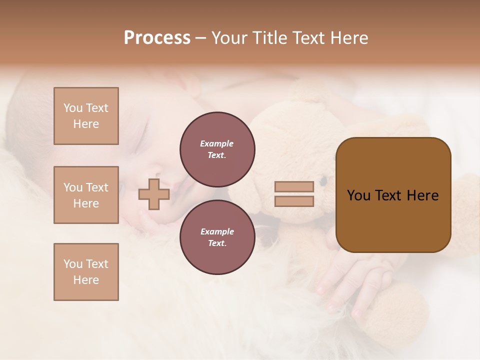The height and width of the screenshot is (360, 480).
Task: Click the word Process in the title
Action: pyautogui.click(x=157, y=38)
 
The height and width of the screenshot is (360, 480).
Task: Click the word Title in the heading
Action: pyautogui.click(x=269, y=38)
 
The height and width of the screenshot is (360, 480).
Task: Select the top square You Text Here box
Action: pyautogui.click(x=86, y=116)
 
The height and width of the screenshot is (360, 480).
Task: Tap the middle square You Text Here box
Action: pyautogui.click(x=86, y=195)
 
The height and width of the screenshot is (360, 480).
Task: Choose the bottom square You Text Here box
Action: pyautogui.click(x=86, y=272)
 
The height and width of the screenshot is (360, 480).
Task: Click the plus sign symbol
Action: pyautogui.click(x=154, y=194)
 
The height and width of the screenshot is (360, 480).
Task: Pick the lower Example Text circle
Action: pyautogui.click(x=217, y=237)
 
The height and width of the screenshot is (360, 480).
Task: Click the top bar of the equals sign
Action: pyautogui.click(x=294, y=186)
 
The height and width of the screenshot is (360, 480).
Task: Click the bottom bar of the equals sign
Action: pyautogui.click(x=294, y=201)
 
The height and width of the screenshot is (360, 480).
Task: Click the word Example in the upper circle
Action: pyautogui.click(x=216, y=143)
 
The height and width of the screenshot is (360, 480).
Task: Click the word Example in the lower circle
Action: pyautogui.click(x=217, y=231)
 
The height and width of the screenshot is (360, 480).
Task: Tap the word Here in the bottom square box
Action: pyautogui.click(x=86, y=280)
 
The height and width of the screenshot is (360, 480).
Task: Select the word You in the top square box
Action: pyautogui.click(x=73, y=108)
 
